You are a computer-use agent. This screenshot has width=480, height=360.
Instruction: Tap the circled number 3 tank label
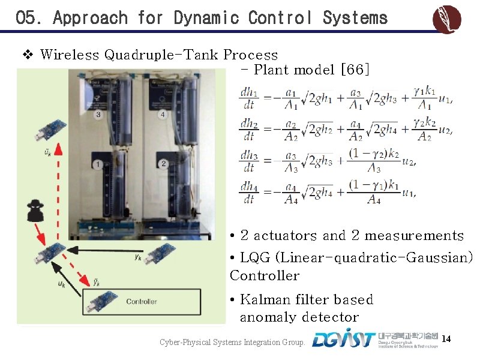(98, 115)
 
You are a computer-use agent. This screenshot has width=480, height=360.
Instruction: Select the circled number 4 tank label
(163, 115)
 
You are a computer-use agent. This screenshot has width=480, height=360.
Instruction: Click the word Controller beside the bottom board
(142, 301)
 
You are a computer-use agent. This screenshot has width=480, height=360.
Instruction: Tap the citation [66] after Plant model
(355, 70)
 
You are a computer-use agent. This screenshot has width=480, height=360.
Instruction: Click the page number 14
(445, 340)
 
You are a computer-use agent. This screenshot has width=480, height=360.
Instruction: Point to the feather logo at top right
(447, 20)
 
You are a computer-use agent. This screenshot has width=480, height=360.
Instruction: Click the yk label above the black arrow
(138, 257)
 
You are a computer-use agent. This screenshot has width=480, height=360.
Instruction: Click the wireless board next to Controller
(101, 301)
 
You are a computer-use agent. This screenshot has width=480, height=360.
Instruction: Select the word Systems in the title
(355, 18)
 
